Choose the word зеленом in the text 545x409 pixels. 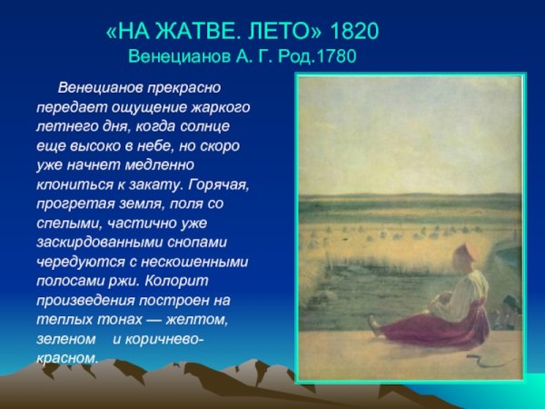[x=65, y=339]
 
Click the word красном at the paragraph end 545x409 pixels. [x=65, y=358]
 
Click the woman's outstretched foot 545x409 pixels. [x=374, y=323]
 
